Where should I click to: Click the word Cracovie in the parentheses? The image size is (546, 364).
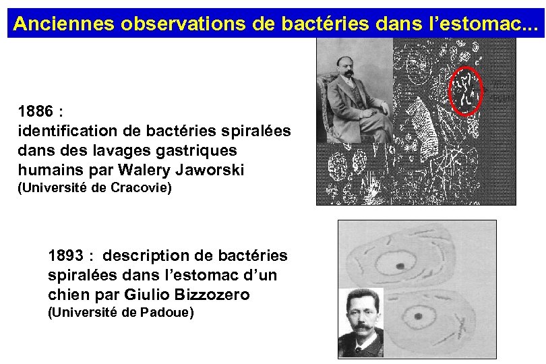(x=143, y=188)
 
